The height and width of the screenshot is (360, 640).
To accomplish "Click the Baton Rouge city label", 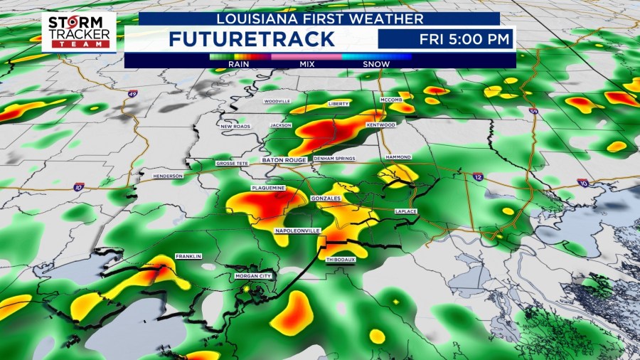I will (x=284, y=160).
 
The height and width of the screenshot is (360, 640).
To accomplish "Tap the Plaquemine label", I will (x=267, y=189).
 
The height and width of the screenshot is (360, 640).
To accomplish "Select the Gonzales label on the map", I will (x=326, y=197).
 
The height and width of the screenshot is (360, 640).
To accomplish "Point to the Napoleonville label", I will (x=297, y=231).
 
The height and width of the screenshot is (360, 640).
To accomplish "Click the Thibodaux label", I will (x=340, y=260).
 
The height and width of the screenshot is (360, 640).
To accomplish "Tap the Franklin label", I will (x=189, y=256).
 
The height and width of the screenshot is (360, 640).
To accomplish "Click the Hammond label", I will (x=398, y=157).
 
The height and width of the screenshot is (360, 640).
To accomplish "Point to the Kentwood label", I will (x=380, y=125).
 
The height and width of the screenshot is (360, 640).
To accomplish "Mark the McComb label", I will (x=391, y=100).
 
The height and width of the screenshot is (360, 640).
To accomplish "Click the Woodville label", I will (x=277, y=101).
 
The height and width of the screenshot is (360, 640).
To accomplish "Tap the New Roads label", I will (x=235, y=126).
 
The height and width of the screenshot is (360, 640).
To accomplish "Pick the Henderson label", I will (x=168, y=176).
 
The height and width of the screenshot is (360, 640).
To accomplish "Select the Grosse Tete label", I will (x=230, y=164).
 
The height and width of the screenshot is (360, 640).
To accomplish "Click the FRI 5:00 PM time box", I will (x=445, y=39).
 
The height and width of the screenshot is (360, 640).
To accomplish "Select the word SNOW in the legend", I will (x=376, y=64).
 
